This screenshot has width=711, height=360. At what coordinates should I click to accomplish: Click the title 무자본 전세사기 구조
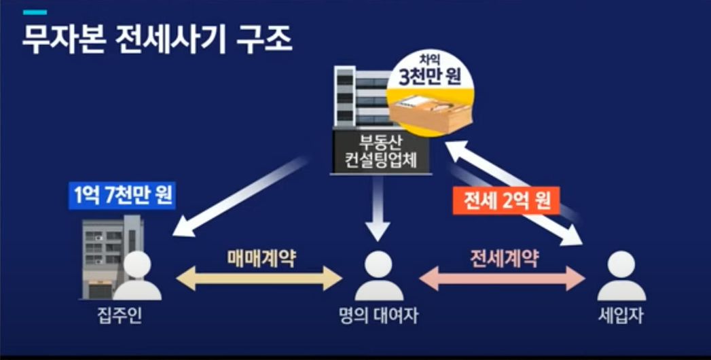(x=157, y=40)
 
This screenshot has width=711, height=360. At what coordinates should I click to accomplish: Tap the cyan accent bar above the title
(x=35, y=12)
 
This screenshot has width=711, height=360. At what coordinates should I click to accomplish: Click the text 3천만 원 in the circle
(x=430, y=77)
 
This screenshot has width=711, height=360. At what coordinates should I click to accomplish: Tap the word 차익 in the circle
(x=430, y=60)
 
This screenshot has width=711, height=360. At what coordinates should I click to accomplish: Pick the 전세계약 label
(x=503, y=259)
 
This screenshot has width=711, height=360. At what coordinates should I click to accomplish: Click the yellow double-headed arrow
(x=259, y=278)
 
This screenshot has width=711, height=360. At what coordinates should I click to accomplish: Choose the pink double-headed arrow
(x=503, y=278)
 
